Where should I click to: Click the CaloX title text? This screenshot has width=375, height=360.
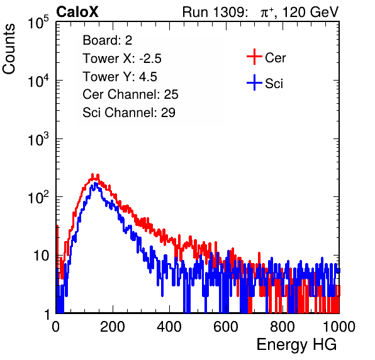tap(77, 12)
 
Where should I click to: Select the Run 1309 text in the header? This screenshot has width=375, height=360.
tap(215, 12)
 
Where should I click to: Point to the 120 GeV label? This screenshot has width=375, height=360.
tap(310, 12)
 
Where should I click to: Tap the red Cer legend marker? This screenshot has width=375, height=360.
tap(254, 57)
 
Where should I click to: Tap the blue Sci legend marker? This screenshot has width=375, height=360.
tap(254, 83)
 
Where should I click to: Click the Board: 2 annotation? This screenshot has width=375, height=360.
tap(107, 40)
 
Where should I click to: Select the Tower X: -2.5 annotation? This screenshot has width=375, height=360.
tap(122, 59)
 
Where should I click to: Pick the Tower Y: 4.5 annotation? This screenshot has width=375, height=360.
tap(120, 77)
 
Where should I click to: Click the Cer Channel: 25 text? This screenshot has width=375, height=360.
tap(130, 94)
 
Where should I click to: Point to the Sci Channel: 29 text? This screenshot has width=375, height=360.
tap(129, 113)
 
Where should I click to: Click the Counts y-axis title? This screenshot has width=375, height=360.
tap(9, 49)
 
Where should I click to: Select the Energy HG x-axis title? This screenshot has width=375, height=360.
tap(296, 345)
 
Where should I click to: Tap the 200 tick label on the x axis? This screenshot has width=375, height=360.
tap(113, 327)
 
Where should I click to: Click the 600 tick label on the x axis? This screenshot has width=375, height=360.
tap(225, 327)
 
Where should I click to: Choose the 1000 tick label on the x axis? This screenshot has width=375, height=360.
tap(339, 327)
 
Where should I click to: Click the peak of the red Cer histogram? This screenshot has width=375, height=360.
tap(92, 174)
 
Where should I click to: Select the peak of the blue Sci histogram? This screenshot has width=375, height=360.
tap(96, 184)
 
